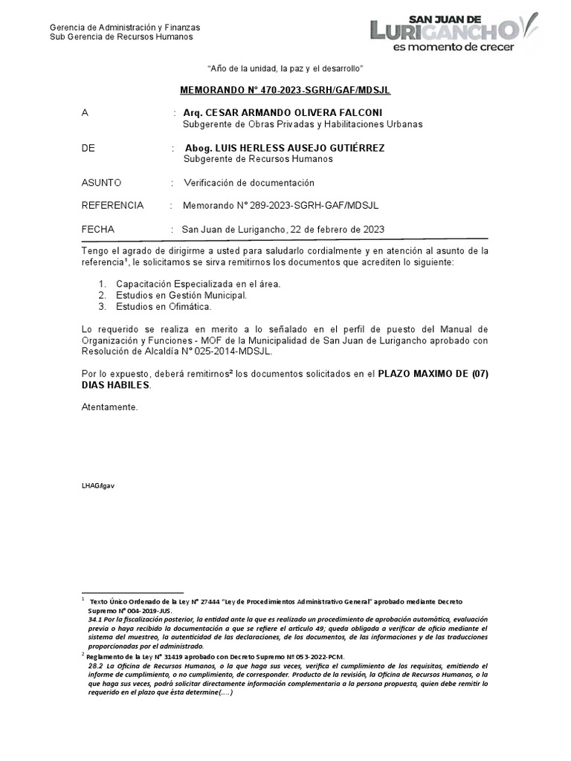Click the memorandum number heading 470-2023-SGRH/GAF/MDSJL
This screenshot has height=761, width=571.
tap(285, 91)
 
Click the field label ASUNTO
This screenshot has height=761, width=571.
tap(101, 183)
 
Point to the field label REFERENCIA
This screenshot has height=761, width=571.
tap(112, 206)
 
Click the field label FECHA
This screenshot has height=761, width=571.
tap(98, 229)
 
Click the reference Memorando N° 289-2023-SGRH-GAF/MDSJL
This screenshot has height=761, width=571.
tap(285, 206)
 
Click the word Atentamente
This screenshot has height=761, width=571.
tap(110, 407)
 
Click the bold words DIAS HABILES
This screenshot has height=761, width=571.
tap(116, 386)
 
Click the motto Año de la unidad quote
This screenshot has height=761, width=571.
tap(285, 68)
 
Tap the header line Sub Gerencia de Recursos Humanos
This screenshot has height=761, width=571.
tap(121, 37)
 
